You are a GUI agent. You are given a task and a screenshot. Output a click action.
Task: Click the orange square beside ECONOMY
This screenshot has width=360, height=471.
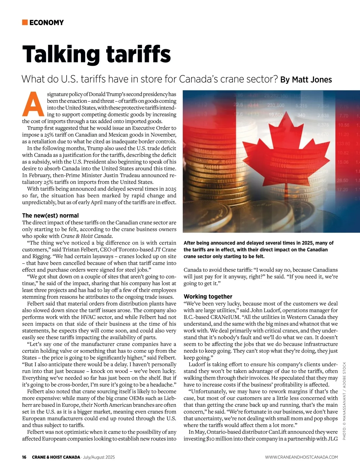click(25, 22)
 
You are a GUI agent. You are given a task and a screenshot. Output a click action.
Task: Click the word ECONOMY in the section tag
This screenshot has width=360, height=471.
click(46, 23)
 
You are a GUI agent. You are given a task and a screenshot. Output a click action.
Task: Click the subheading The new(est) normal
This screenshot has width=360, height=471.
click(50, 216)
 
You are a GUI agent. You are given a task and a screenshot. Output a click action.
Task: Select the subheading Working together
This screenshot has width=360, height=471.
click(208, 297)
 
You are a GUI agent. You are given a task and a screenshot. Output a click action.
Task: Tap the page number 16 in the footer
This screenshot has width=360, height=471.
click(24, 457)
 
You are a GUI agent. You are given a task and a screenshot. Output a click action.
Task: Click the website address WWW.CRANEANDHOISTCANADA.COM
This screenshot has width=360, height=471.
click(301, 457)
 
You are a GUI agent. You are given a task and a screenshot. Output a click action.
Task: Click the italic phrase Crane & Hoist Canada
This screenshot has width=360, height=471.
click(86, 236)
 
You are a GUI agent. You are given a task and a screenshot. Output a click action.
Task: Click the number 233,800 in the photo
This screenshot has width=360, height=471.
click(276, 105)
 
